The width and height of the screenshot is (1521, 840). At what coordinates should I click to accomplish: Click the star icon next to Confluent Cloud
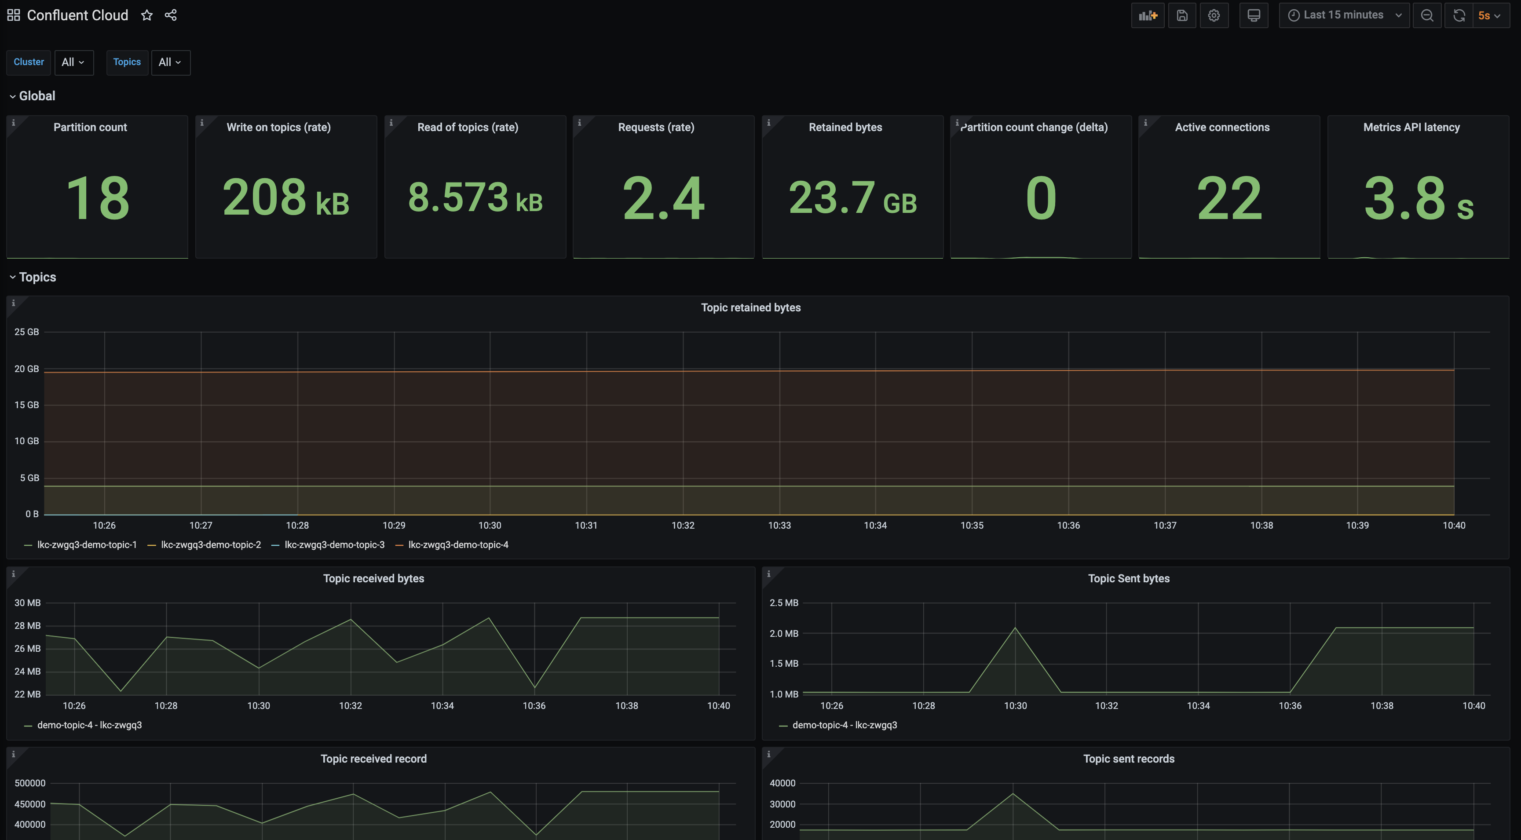[146, 15]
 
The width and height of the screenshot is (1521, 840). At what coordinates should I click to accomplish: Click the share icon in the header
[171, 15]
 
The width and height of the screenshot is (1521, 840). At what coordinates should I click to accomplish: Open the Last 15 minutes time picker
[1343, 15]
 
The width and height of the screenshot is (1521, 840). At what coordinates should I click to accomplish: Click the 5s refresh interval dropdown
[1488, 15]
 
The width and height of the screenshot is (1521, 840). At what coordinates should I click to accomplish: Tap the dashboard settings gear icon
[1214, 15]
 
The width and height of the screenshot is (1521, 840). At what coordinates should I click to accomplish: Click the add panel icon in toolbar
[1147, 15]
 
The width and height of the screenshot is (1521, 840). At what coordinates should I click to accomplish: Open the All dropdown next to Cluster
[73, 62]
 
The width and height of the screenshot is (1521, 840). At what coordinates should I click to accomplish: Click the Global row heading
[37, 95]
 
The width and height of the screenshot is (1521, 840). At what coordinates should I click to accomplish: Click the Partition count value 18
[97, 198]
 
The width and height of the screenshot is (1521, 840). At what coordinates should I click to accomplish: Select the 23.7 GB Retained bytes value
[852, 198]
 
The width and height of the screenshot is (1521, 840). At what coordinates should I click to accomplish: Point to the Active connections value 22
[1229, 198]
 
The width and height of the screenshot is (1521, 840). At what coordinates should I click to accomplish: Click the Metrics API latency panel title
[1411, 127]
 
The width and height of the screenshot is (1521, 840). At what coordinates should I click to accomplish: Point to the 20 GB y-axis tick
[26, 369]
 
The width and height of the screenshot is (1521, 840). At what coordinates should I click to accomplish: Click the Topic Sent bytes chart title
[1128, 578]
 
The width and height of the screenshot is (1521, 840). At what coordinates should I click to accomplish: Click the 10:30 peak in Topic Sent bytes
[1015, 628]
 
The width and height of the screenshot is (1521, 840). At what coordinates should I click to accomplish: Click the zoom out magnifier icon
[1426, 15]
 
